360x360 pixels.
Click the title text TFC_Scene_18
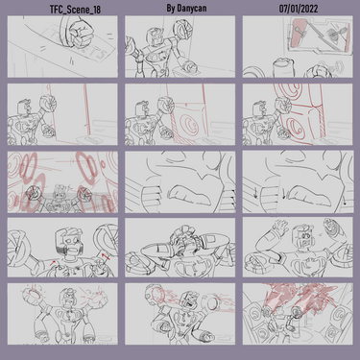(75, 10)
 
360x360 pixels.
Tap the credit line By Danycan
(186, 9)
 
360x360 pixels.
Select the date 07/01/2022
(299, 9)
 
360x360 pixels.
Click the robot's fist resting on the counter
(189, 67)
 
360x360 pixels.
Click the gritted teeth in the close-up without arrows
(189, 195)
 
